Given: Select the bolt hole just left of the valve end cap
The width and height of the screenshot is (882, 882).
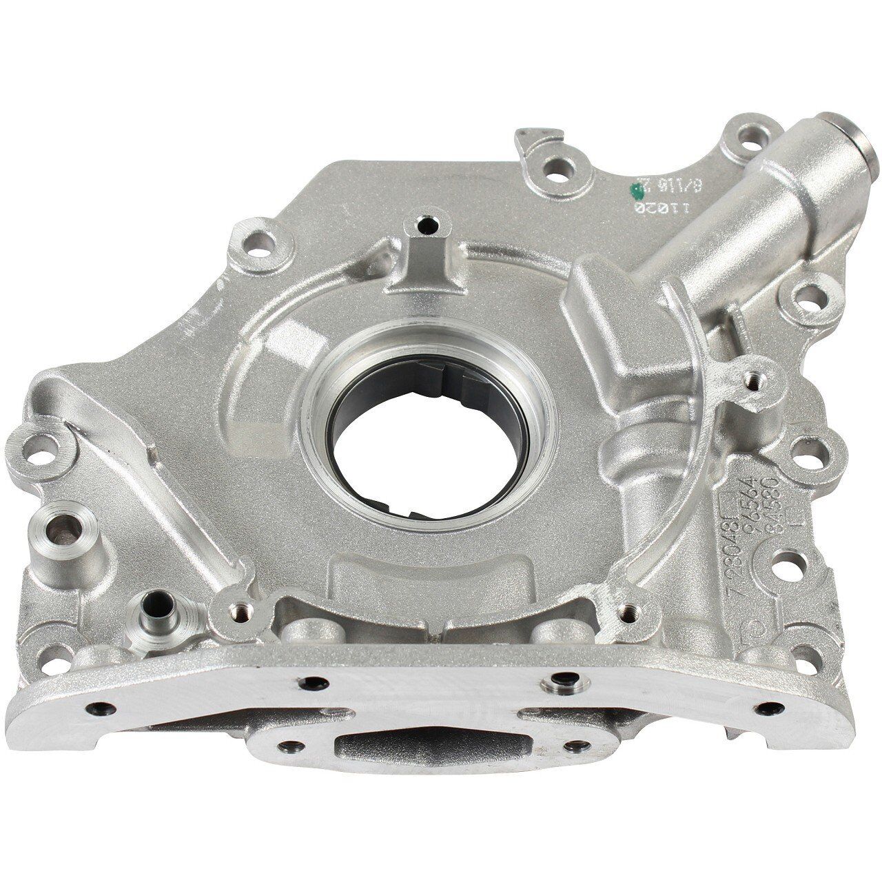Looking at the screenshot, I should point(748,148).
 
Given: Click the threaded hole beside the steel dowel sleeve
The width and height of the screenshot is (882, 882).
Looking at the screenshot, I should point(236,608).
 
